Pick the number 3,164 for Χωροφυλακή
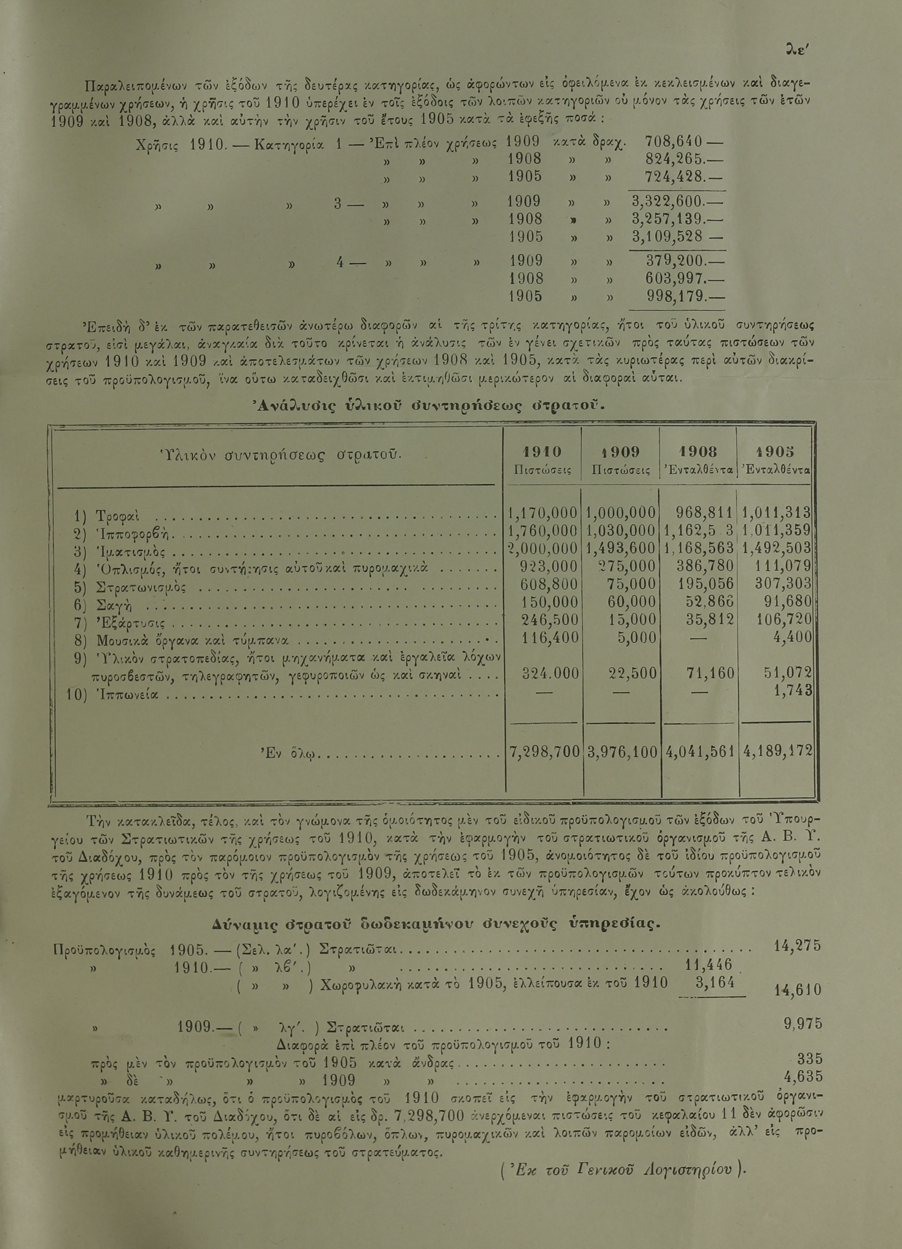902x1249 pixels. click(715, 982)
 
